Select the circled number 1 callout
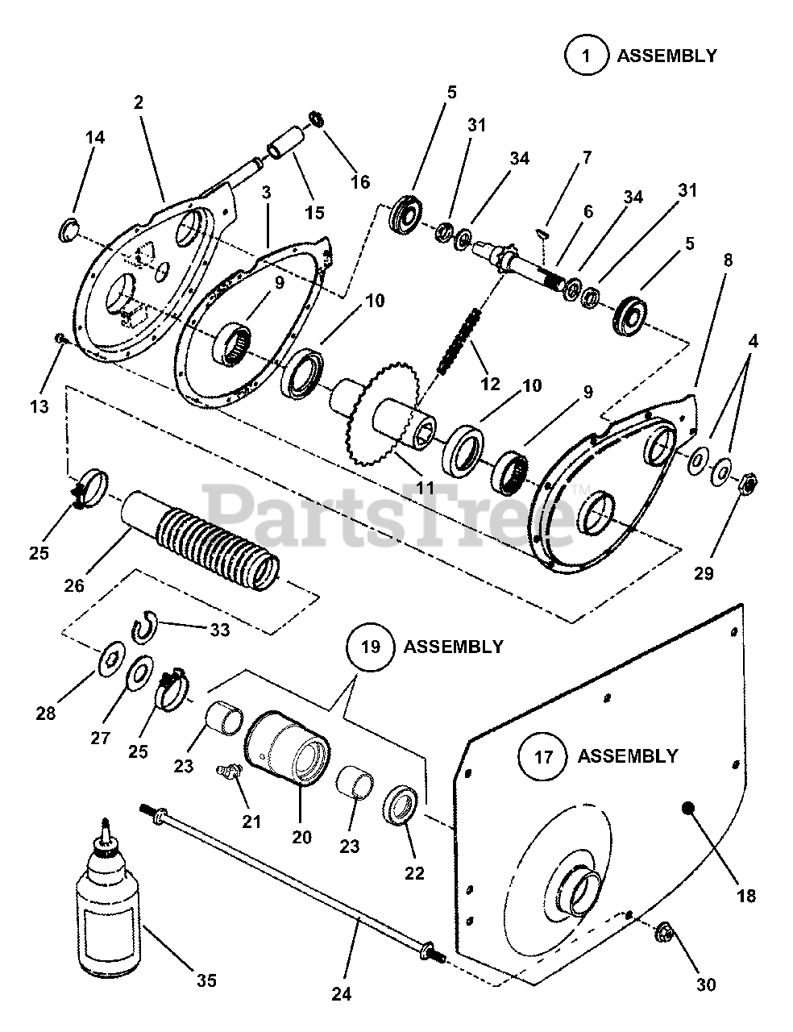tap(586, 56)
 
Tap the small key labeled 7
tap(542, 233)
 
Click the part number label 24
tap(342, 994)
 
